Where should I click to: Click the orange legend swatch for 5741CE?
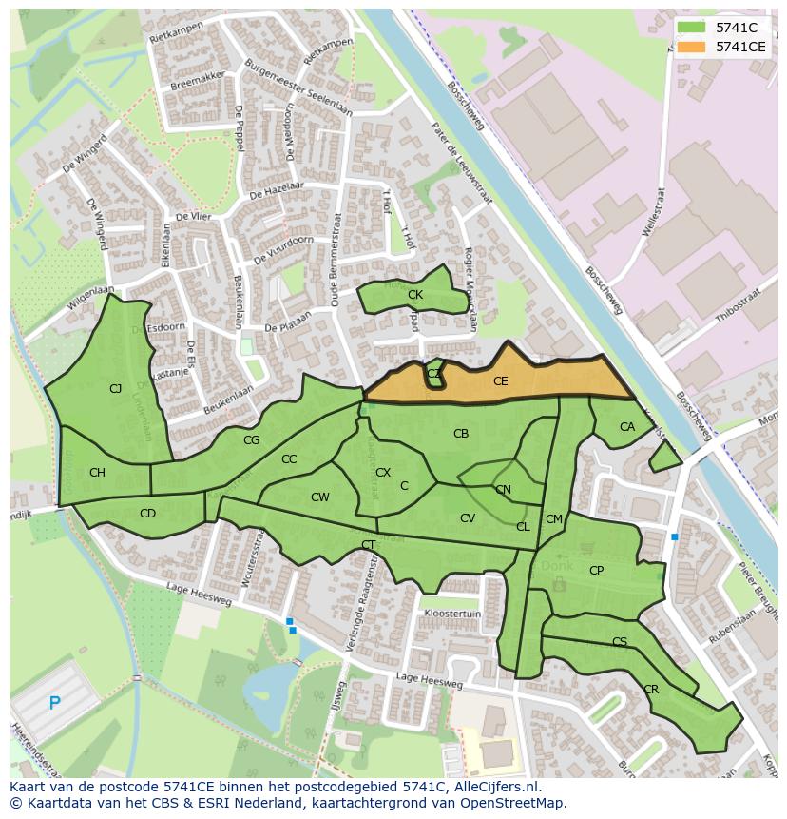[x=692, y=46]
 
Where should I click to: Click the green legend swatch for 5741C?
[x=692, y=27]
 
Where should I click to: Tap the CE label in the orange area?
[x=501, y=381]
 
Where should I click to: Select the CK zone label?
[x=414, y=295]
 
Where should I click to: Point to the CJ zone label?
[x=115, y=388]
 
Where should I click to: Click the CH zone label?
[x=97, y=473]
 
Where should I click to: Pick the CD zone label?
[x=147, y=514]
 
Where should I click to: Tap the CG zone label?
[x=251, y=440]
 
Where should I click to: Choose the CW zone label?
[x=319, y=497]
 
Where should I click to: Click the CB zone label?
[x=461, y=434]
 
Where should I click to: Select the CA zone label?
[x=626, y=427]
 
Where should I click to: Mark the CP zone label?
[x=596, y=571]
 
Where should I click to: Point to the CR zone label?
[x=651, y=690]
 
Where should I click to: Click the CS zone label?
[x=620, y=642]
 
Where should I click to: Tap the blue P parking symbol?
[x=54, y=704]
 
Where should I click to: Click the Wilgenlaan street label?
[x=90, y=299]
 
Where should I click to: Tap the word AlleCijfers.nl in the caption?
[x=494, y=787]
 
